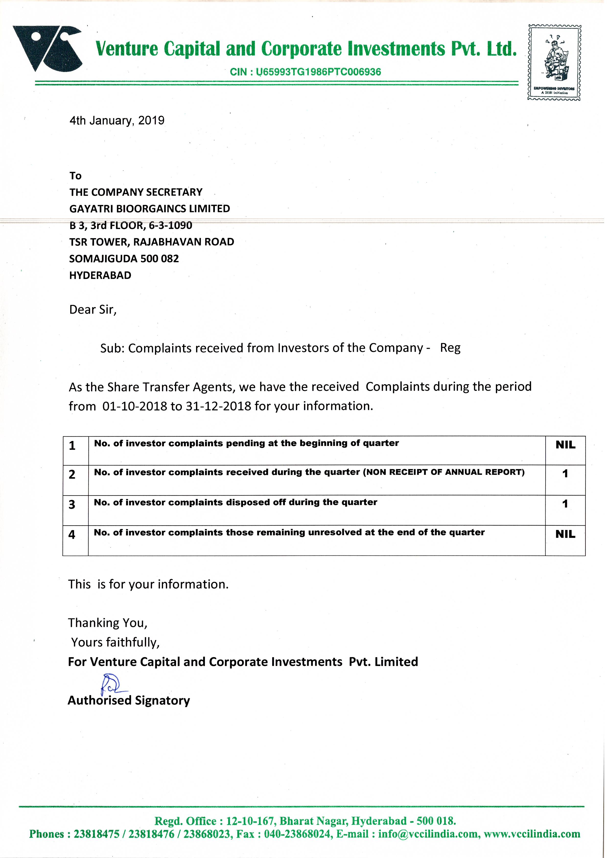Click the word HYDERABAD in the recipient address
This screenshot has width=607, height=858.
tap(100, 275)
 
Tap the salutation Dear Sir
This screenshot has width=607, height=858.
tap(93, 310)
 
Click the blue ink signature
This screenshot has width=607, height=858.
tap(111, 683)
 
